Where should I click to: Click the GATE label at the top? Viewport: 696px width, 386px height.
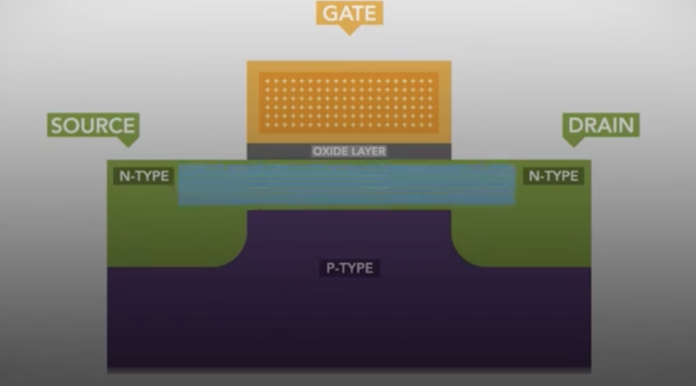349,13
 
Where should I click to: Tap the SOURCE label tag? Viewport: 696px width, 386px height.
93,126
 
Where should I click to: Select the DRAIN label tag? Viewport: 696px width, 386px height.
601,126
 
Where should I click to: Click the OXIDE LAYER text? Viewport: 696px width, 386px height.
349,151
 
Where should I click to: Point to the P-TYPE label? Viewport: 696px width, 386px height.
349,268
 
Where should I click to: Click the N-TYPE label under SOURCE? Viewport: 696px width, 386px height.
144,176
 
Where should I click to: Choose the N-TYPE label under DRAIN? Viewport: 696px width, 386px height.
553,176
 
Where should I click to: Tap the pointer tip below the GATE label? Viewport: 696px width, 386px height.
349,35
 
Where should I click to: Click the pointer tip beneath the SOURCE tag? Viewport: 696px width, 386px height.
128,147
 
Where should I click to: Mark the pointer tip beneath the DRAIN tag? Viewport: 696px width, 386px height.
573,147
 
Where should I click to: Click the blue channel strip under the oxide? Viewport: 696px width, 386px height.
347,185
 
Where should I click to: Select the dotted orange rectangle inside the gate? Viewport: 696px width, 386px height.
349,103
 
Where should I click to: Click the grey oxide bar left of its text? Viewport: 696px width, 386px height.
279,151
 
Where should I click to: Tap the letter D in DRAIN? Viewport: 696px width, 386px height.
575,126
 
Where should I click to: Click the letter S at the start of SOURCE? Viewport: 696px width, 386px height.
56,126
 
